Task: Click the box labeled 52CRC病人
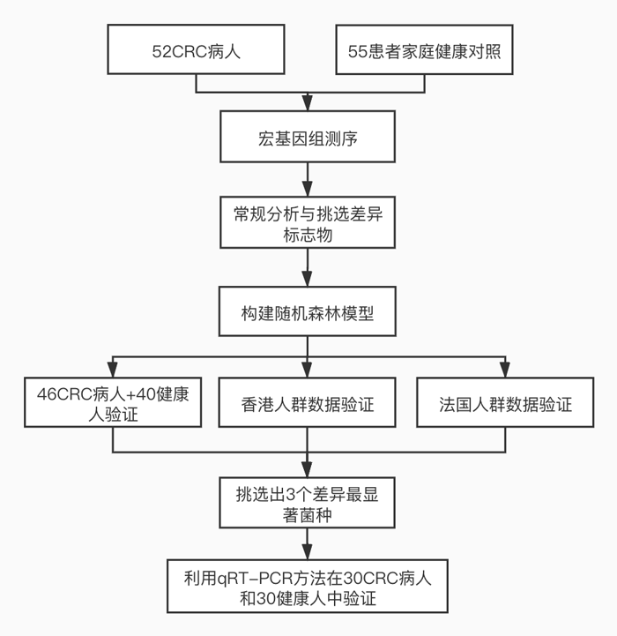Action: click(196, 51)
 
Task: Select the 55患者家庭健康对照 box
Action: click(424, 51)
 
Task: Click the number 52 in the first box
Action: click(162, 51)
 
